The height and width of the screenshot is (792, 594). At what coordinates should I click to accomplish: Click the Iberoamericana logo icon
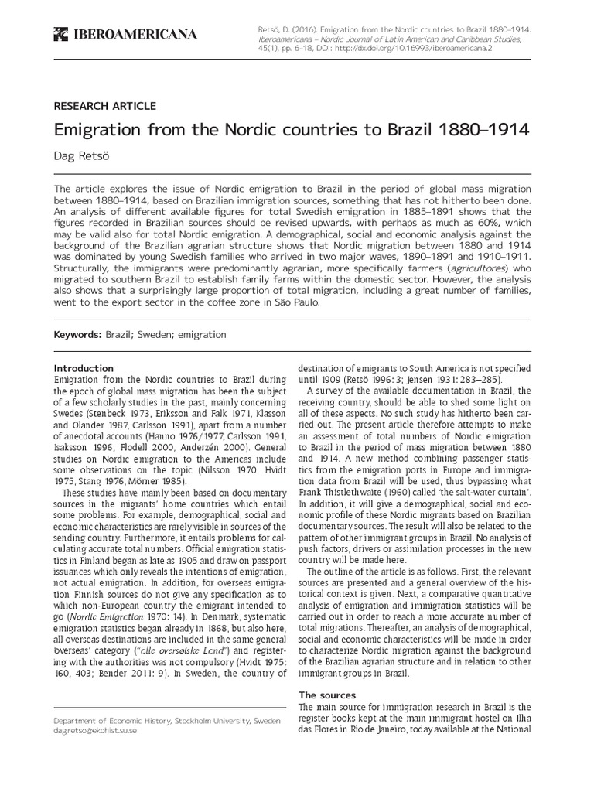(59, 33)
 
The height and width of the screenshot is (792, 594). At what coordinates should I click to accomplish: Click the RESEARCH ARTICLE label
(104, 106)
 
